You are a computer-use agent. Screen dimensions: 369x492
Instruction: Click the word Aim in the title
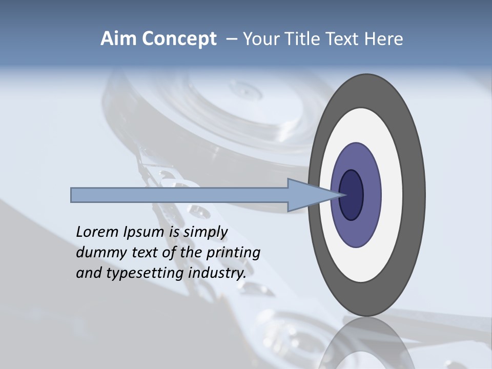pyautogui.click(x=119, y=39)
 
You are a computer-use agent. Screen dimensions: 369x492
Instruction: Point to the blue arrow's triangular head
pyautogui.click(x=307, y=195)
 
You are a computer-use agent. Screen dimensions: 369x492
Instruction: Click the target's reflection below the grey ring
pyautogui.click(x=366, y=343)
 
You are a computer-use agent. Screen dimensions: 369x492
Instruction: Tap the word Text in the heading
pyautogui.click(x=340, y=39)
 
